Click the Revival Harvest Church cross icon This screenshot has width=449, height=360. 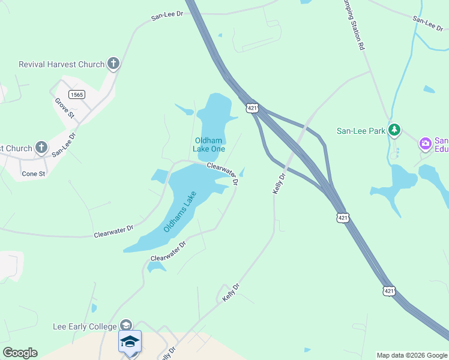click(x=113, y=64)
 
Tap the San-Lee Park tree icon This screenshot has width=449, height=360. click(x=394, y=130)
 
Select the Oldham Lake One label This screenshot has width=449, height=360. click(x=209, y=145)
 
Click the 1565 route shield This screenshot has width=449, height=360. click(x=77, y=94)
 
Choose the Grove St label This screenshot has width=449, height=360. click(x=64, y=107)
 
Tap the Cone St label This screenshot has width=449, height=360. click(x=34, y=174)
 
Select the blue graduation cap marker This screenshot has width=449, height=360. click(x=130, y=341)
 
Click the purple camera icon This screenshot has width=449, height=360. click(x=426, y=143)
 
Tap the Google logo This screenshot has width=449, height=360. click(x=20, y=353)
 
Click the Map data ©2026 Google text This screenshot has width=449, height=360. click(x=412, y=355)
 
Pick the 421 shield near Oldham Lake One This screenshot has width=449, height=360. click(x=252, y=107)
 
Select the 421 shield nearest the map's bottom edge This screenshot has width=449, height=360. click(x=390, y=291)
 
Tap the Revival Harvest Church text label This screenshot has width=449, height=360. click(x=62, y=64)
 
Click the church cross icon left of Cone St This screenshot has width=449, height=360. click(x=41, y=147)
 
